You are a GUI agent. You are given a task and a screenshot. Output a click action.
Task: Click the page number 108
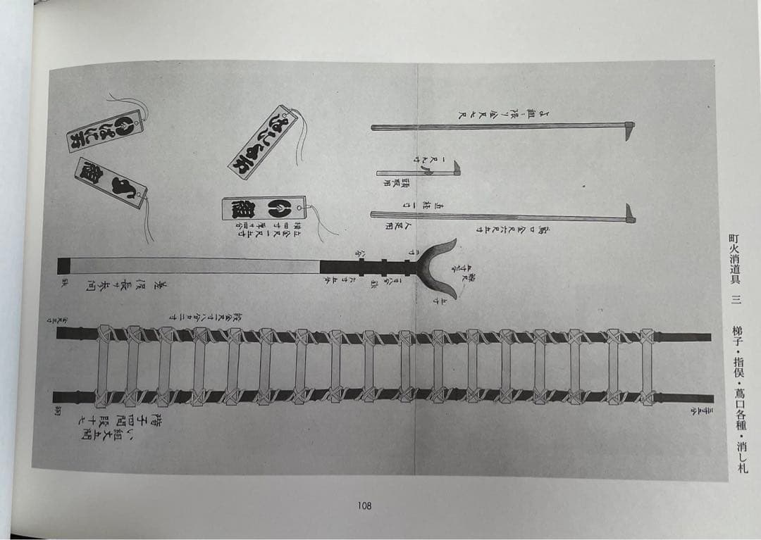(x=364, y=506)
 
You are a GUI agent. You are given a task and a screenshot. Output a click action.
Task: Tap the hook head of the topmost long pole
(x=629, y=130)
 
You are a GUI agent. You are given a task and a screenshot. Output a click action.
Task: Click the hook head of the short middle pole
(x=456, y=168)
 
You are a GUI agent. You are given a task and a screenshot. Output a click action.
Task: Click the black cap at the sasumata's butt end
(x=64, y=266)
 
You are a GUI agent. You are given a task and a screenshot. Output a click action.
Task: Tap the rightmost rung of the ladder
(x=646, y=365)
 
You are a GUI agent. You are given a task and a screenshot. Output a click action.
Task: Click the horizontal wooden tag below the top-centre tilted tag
(x=264, y=208)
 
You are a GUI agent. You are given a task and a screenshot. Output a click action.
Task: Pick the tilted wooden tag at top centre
(x=262, y=142)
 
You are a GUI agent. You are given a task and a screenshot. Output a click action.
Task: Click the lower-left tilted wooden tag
(x=111, y=182)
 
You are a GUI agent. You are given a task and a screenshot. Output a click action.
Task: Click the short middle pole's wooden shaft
(x=412, y=172)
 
